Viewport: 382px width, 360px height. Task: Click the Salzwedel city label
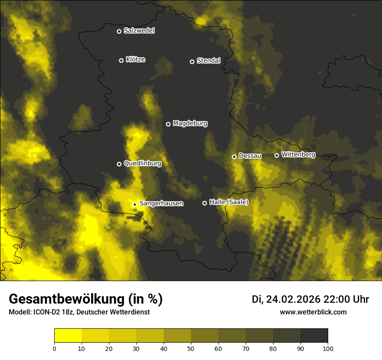[x=139, y=31]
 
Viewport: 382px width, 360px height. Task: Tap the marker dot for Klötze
[x=121, y=60]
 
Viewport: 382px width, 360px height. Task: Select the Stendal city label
[x=208, y=61]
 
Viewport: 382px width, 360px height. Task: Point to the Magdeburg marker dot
[x=168, y=124]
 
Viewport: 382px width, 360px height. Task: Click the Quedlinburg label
[x=142, y=164]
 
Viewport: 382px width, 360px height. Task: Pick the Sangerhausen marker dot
[x=135, y=204]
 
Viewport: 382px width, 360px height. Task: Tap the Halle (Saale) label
[x=229, y=202]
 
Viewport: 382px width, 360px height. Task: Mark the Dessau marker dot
[x=234, y=157]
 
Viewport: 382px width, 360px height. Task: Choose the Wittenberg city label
[x=298, y=154]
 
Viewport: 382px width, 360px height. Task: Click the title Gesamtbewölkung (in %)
[x=86, y=299]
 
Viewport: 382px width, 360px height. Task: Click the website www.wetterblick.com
[x=313, y=312]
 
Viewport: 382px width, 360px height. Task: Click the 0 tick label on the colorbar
[x=54, y=348]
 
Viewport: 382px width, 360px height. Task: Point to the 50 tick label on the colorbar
[x=191, y=348]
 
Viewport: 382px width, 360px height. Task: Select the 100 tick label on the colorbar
[x=328, y=348]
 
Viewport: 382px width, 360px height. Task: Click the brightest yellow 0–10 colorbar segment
[x=68, y=335]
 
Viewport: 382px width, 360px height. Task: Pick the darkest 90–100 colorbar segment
[x=314, y=335]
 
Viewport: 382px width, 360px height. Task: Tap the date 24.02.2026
[x=293, y=299]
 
